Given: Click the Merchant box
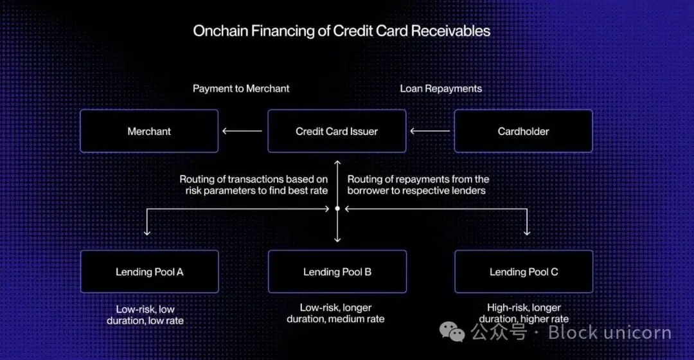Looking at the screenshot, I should click(149, 131).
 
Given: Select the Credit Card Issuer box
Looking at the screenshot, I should click(337, 131).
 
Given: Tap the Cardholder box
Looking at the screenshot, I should click(523, 131).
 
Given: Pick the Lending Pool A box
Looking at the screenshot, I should click(149, 272).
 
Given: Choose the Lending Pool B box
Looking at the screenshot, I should click(337, 272).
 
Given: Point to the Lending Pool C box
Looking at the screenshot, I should click(524, 272).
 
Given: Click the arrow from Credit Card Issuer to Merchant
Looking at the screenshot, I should click(242, 131).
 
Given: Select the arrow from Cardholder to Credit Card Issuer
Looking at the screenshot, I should click(430, 131).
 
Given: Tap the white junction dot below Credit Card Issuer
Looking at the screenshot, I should click(337, 208).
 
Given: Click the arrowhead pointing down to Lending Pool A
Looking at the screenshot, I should click(147, 232).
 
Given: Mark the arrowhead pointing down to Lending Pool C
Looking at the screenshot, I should click(527, 232).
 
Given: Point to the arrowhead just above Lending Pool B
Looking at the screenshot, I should click(337, 239).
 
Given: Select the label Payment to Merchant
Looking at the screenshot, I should click(241, 88).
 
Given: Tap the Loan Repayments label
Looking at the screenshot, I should click(441, 88).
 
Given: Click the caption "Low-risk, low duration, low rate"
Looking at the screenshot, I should click(150, 314).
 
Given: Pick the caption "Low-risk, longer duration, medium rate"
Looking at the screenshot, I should click(336, 313).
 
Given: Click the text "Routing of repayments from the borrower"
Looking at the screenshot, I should click(418, 185).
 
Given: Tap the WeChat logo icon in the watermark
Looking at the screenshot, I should click(452, 332).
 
